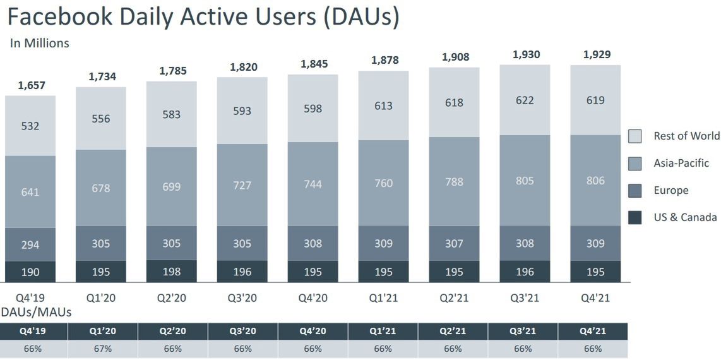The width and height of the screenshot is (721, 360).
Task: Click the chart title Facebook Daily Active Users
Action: tap(203, 17)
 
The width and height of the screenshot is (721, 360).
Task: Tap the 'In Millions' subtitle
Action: tap(40, 44)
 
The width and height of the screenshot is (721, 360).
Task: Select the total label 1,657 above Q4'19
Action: tap(30, 85)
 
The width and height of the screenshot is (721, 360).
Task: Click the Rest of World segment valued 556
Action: tap(101, 118)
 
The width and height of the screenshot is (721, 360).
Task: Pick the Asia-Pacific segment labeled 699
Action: tap(172, 186)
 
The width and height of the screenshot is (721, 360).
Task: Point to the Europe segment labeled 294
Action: tap(30, 244)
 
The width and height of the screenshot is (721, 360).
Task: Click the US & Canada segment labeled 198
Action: tap(172, 272)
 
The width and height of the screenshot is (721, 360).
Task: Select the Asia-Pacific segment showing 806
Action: tap(595, 181)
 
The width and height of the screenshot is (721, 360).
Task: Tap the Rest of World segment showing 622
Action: tap(525, 100)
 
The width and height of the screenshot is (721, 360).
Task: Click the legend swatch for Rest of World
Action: tap(635, 136)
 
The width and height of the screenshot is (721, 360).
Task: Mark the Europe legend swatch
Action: tap(635, 191)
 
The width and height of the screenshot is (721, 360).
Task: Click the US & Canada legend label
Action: tap(685, 217)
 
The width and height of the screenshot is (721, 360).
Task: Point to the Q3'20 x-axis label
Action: tap(242, 297)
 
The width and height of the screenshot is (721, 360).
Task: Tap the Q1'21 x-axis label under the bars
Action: tap(383, 297)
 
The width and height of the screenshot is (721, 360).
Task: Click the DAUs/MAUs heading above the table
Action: tap(37, 312)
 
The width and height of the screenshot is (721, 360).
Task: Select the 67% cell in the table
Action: tap(102, 349)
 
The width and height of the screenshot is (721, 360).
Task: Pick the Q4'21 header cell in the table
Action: tap(593, 331)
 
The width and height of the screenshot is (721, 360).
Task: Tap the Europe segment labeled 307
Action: tap(454, 243)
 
